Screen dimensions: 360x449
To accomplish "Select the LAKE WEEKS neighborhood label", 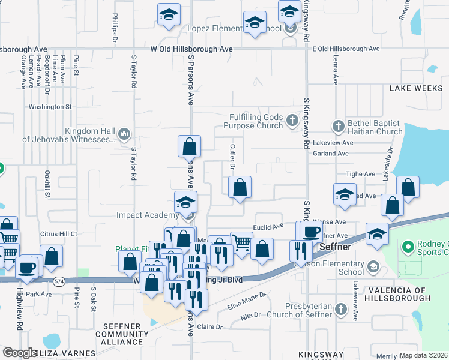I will tap(416, 88).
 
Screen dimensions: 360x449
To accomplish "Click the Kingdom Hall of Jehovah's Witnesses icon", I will tap(125, 133).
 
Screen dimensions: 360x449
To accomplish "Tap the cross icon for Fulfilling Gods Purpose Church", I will tap(292, 120).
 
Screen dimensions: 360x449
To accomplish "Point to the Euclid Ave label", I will tap(268, 226).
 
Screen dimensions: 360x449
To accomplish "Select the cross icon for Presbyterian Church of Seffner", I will tap(340, 310).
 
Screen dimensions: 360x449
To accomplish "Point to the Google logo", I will tap(20, 353).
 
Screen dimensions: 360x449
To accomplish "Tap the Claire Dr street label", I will tap(210, 327).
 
